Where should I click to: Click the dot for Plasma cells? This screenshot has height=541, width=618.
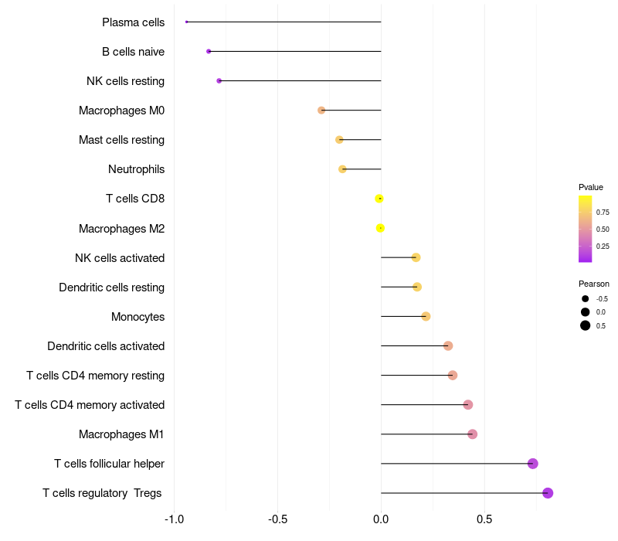pos(187,22)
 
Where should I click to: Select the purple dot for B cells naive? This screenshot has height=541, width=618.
pos(209,51)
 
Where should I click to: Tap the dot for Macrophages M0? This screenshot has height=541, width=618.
pos(321,111)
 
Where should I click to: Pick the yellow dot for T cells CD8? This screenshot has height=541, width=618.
pos(379,199)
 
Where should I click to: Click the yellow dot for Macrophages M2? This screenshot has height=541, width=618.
pos(380,228)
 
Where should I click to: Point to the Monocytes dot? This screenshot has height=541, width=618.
pos(426,316)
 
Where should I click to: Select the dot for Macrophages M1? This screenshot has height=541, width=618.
pos(473,434)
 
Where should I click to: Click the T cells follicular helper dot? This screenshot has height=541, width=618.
pos(532,464)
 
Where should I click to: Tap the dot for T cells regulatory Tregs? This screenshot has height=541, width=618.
pos(548,493)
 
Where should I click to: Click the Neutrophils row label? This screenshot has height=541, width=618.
pos(136,169)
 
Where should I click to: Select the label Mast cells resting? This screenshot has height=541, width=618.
pos(121,140)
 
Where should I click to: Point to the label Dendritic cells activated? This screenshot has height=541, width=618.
pos(106,346)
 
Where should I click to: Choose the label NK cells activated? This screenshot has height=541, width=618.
pos(120,257)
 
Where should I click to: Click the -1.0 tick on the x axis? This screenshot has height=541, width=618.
pos(175,519)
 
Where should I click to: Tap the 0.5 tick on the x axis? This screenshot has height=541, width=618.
pos(484,519)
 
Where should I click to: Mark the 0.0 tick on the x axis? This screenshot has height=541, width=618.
pos(381,519)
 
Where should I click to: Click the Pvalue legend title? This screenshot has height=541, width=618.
pos(591,187)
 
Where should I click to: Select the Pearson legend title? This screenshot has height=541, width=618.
pos(594,284)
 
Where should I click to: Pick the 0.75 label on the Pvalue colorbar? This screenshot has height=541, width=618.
pos(603,212)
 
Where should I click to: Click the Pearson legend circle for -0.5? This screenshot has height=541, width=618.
pos(586,298)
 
